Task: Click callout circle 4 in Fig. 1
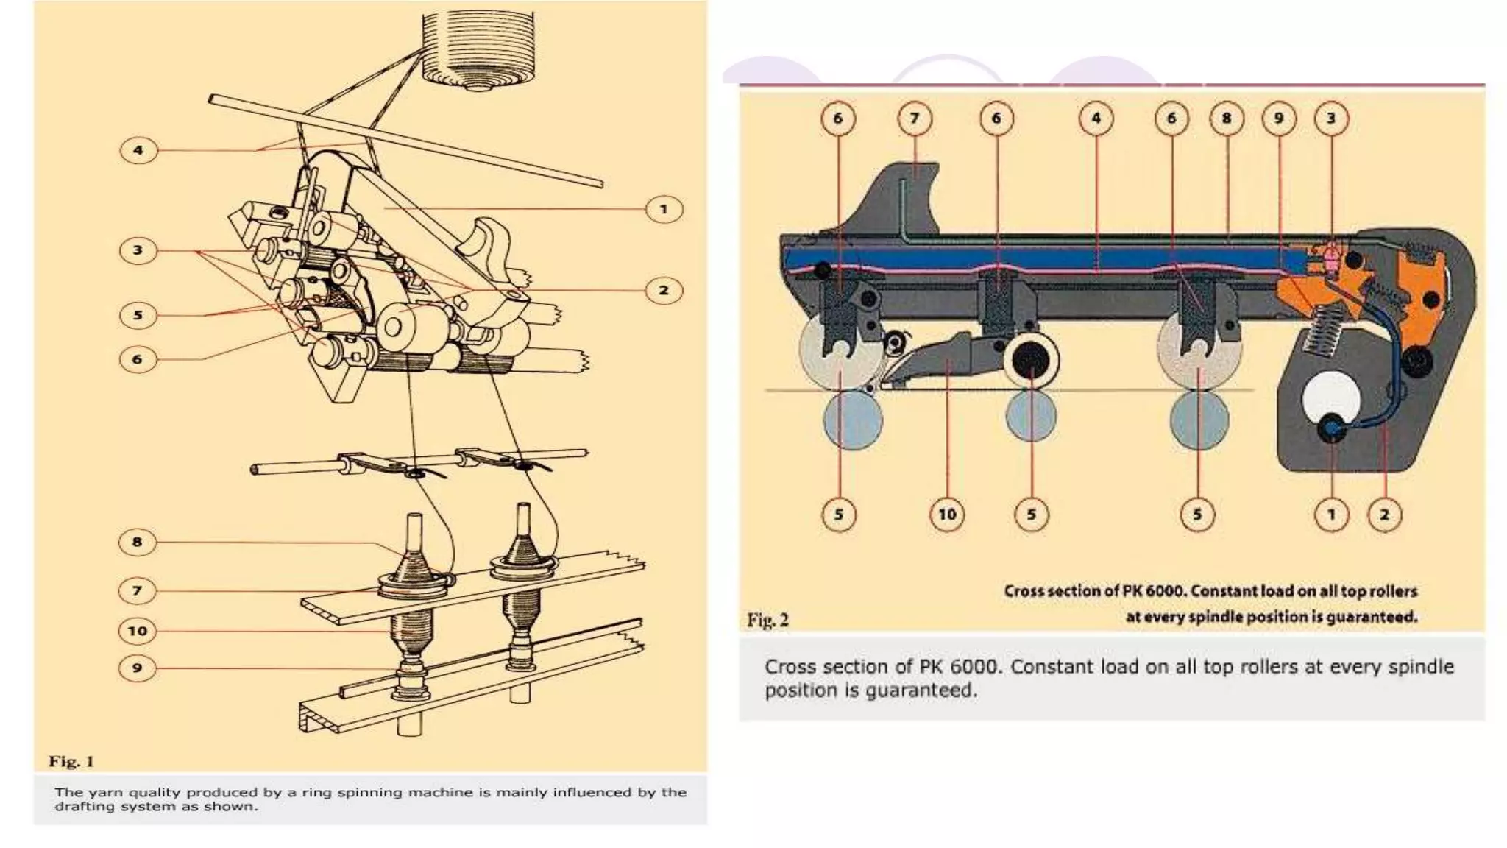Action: coord(138,151)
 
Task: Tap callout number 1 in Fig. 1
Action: coord(664,210)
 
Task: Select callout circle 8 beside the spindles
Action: coord(137,543)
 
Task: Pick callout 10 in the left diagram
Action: coord(138,631)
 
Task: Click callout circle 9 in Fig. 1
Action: coord(137,668)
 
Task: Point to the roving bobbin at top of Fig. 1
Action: coord(478,48)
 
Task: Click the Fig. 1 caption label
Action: coord(71,761)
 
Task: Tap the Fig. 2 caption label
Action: coord(767,620)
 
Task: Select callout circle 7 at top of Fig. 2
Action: coord(915,119)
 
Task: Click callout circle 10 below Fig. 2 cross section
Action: coord(947,514)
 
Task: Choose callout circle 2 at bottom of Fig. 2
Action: coord(1384,514)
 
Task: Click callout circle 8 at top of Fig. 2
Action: coord(1226,119)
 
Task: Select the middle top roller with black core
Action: coord(1030,361)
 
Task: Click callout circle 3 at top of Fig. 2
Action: coord(1330,119)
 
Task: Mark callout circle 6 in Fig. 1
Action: coord(137,359)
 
